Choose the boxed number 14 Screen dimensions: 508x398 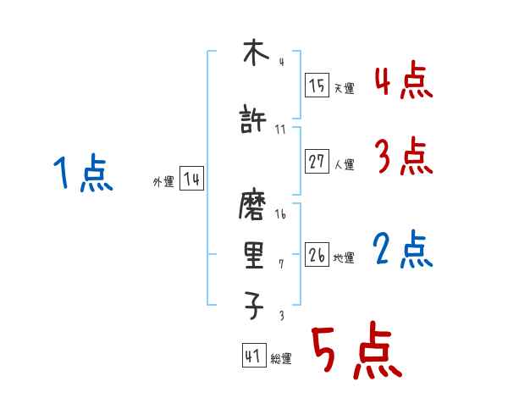point(191,180)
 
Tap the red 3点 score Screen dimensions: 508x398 point(403,157)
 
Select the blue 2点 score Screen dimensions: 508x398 point(403,250)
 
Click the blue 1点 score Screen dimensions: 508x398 point(84,174)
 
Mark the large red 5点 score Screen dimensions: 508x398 point(355,352)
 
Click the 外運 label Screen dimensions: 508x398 point(163,181)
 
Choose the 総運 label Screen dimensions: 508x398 point(281,359)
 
